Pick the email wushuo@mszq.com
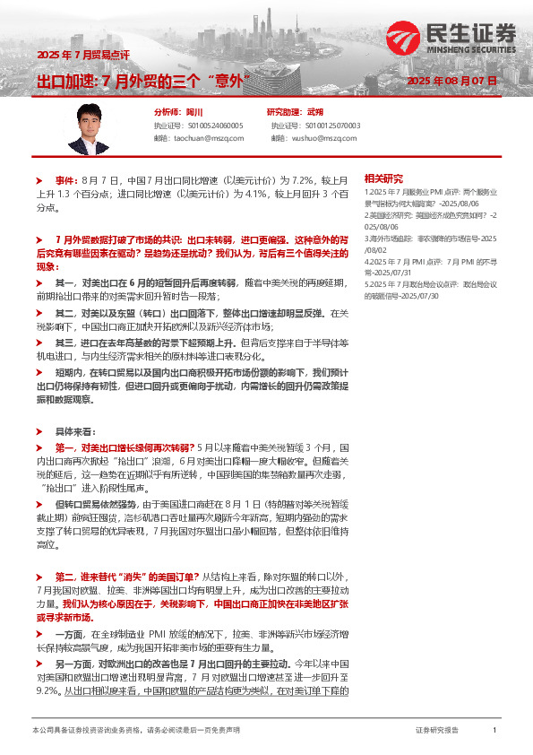click(x=316, y=139)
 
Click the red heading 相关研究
click(x=384, y=178)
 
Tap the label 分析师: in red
click(x=168, y=112)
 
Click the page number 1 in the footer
click(x=494, y=731)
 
